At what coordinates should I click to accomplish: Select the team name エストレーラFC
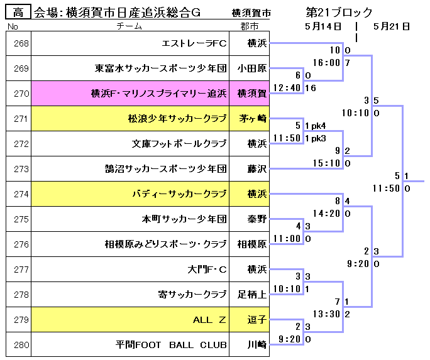pyautogui.click(x=194, y=43)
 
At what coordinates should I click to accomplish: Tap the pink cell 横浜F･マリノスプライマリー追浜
pyautogui.click(x=158, y=94)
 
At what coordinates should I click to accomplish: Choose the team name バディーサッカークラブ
pyautogui.click(x=179, y=194)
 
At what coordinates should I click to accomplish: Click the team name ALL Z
pyautogui.click(x=209, y=320)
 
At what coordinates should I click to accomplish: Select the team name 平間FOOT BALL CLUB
pyautogui.click(x=171, y=345)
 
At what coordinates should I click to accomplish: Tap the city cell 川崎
pyautogui.click(x=256, y=345)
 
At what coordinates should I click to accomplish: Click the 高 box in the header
pyautogui.click(x=18, y=12)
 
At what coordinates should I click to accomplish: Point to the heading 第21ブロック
pyautogui.click(x=339, y=12)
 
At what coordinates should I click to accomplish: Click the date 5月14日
pyautogui.click(x=322, y=26)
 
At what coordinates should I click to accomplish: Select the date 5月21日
pyautogui.click(x=391, y=26)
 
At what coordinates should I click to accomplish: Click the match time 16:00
pyautogui.click(x=325, y=63)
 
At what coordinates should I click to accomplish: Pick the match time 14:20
pyautogui.click(x=325, y=214)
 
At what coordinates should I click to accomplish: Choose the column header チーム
pyautogui.click(x=130, y=26)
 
